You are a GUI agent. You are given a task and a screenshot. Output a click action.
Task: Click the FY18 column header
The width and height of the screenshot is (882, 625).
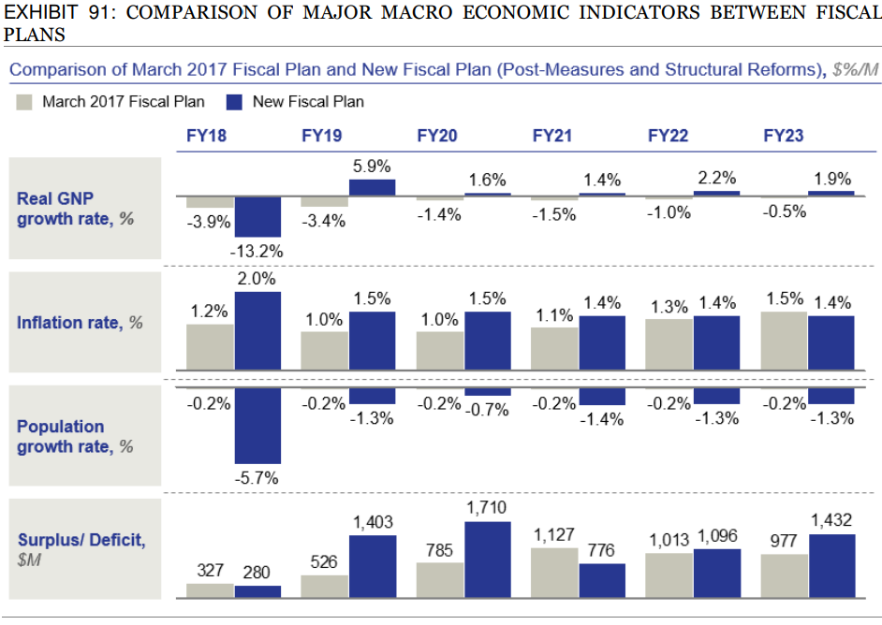(207, 136)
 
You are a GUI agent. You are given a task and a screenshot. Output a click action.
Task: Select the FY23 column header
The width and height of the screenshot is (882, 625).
(783, 136)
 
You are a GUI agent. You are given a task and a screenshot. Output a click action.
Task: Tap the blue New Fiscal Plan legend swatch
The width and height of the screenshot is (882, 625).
(237, 102)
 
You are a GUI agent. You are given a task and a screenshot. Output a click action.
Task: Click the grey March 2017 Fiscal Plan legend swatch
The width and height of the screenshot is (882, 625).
(25, 102)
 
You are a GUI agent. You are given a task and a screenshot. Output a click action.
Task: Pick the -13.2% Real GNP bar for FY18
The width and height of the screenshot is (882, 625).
(257, 217)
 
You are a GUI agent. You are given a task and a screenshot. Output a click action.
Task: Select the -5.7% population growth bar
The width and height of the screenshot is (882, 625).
(257, 426)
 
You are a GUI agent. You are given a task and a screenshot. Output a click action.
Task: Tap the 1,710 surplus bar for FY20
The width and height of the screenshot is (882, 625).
(487, 560)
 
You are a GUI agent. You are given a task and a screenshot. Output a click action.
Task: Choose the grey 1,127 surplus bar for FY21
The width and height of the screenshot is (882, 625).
(554, 573)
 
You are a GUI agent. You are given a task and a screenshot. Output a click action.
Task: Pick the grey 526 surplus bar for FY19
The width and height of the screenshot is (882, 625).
(324, 586)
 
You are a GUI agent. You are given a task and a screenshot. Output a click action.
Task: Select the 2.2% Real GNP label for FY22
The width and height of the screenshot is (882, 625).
(717, 179)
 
